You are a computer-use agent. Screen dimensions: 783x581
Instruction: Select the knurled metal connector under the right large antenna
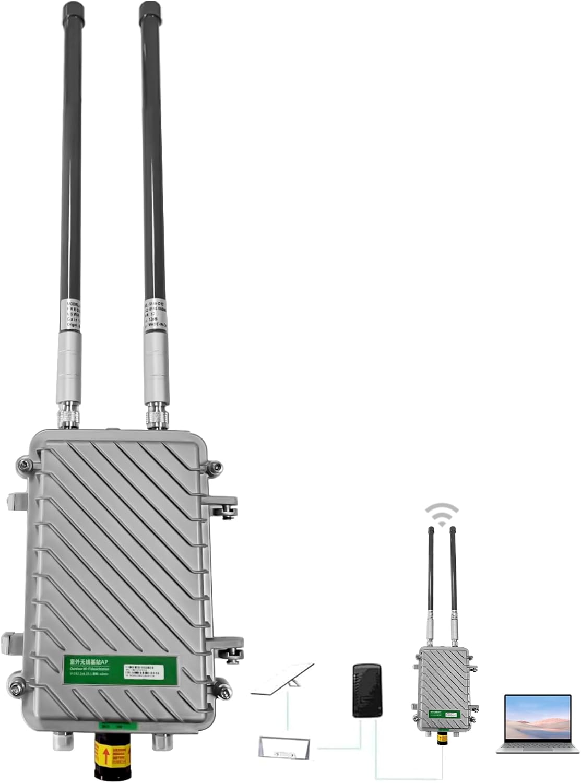click(x=156, y=416)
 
